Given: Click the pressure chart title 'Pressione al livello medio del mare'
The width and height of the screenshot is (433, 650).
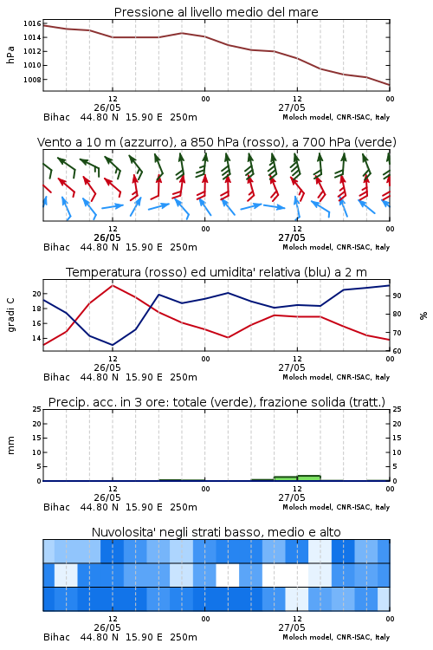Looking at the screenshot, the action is (x=216, y=12).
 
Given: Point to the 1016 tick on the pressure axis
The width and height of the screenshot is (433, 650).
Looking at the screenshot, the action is (x=32, y=23).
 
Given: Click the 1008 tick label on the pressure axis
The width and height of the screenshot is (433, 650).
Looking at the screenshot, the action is (x=32, y=80).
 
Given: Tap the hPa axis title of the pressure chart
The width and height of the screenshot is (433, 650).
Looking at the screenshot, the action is (x=10, y=55).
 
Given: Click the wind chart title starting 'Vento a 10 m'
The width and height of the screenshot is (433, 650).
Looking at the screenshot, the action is (x=216, y=142).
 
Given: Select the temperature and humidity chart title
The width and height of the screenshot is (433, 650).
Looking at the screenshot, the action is (x=216, y=272).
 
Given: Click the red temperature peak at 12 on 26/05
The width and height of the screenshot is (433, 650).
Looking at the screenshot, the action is (x=113, y=286).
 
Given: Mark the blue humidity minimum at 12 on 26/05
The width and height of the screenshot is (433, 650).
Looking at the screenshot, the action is (x=113, y=344).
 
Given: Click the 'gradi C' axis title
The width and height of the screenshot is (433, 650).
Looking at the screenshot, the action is (x=10, y=315).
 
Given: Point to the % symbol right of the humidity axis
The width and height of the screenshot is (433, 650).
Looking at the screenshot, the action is (x=423, y=315).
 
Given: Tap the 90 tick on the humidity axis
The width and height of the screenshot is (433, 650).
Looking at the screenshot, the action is (x=397, y=296).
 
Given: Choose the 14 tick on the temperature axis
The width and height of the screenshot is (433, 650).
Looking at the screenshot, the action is (x=37, y=338).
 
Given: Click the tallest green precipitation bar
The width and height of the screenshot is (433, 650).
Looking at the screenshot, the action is (x=308, y=478).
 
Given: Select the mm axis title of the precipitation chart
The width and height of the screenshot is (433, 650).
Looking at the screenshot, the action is (x=10, y=445).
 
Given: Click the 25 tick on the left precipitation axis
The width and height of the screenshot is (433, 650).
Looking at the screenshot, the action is (x=37, y=409).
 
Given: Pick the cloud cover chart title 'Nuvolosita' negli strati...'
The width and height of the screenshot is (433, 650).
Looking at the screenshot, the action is (x=216, y=532).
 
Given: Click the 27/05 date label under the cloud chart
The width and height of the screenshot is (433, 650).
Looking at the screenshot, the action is (x=292, y=627).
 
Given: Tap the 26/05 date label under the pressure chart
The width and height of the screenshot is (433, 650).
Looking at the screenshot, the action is (x=107, y=107).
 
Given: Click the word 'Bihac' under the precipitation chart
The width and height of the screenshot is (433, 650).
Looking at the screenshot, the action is (x=57, y=507).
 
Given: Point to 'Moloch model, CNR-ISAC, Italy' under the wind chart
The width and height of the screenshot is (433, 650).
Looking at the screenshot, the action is (x=336, y=247).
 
